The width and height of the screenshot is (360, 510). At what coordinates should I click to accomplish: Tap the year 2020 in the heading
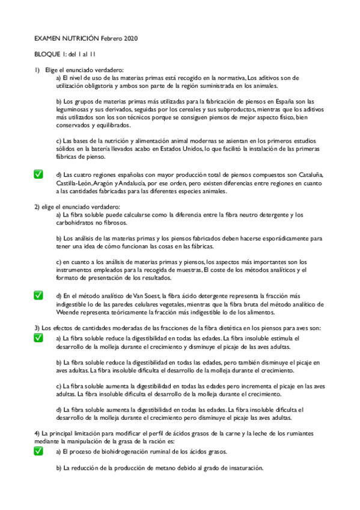pos(130,38)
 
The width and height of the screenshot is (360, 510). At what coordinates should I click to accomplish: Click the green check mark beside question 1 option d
pos(38,174)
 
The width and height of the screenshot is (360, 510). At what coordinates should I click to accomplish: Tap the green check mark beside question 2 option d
pos(38,295)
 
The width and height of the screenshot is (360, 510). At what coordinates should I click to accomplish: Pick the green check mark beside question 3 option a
pos(38,339)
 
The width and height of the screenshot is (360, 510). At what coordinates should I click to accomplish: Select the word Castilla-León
pos(75,183)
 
